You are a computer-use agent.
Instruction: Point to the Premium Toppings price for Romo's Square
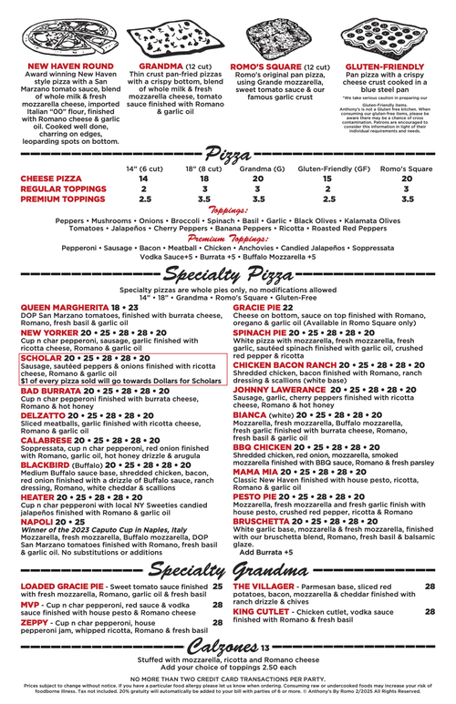coord(407,198)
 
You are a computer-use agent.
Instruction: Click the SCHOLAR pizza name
coord(40,359)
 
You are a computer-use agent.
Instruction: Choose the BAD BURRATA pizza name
coord(50,390)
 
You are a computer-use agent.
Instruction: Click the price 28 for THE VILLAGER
coord(430,587)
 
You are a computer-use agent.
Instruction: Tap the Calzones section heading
coord(219,647)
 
